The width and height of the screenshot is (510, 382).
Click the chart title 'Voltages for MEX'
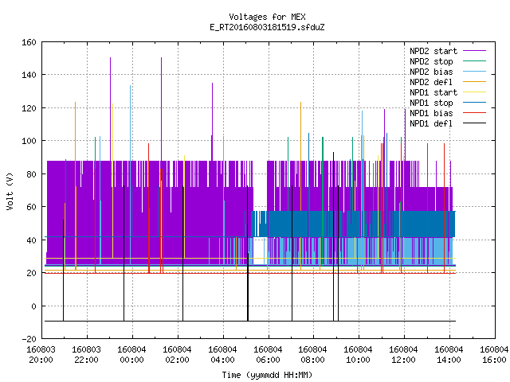coord(267,17)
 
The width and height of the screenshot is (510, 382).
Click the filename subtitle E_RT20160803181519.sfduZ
coord(267,27)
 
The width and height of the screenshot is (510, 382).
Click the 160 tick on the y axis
coord(29,42)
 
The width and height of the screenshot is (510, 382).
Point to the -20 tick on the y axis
coord(29,339)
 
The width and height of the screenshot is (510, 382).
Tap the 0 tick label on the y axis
coord(33,306)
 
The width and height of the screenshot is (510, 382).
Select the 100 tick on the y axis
coord(29,141)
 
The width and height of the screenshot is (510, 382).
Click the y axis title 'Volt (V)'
coord(10,192)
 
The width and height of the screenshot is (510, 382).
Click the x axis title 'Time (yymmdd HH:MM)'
coord(267,375)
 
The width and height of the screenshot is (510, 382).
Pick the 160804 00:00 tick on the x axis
coord(131,355)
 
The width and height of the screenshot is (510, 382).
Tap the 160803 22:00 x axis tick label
coord(87,355)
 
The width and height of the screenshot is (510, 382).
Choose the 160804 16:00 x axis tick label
coord(494,355)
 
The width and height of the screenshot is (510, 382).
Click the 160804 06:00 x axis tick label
coord(268,355)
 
